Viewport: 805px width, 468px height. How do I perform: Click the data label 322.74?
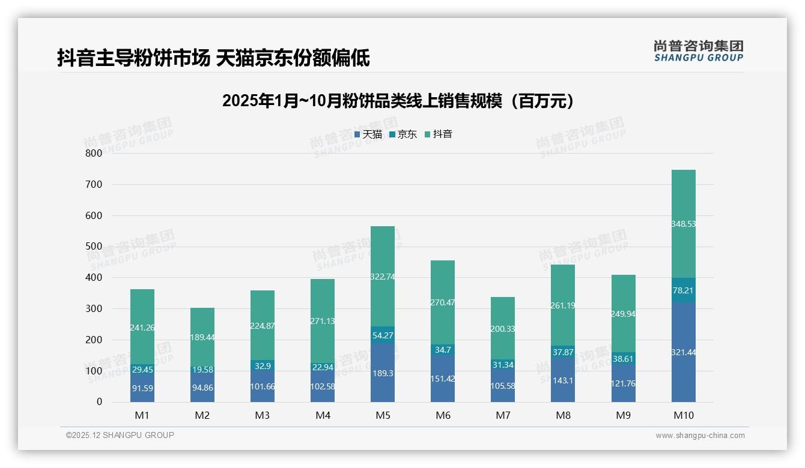pyautogui.click(x=383, y=277)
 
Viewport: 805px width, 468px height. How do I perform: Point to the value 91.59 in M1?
pyautogui.click(x=142, y=388)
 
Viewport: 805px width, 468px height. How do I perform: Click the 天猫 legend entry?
pyautogui.click(x=368, y=134)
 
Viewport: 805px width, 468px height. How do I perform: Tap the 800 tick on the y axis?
pyautogui.click(x=94, y=153)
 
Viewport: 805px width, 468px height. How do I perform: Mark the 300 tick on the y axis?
pyautogui.click(x=94, y=308)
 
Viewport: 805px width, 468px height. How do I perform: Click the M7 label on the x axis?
pyautogui.click(x=503, y=415)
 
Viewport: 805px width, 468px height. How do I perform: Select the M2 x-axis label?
pyautogui.click(x=202, y=415)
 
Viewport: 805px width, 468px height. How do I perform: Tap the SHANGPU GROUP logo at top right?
pyautogui.click(x=698, y=51)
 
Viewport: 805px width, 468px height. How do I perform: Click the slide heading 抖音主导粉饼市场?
pyautogui.click(x=213, y=58)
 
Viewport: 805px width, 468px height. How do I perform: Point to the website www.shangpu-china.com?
pyautogui.click(x=700, y=436)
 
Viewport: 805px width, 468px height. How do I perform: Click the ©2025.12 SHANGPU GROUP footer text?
pyautogui.click(x=120, y=436)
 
